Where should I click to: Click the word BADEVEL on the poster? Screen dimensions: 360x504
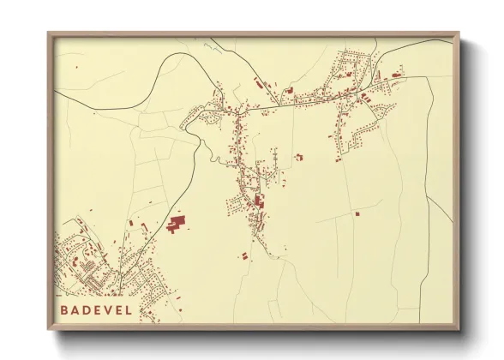coord(97,309)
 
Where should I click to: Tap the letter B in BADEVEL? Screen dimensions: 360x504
coord(64,309)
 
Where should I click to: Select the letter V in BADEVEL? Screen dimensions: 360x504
coord(108,309)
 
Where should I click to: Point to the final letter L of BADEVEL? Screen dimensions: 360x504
coord(129,309)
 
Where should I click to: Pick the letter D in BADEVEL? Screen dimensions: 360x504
coord(87,309)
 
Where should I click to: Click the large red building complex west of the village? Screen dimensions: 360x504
coord(177,225)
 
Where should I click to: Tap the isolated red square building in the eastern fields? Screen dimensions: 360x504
coord(357,213)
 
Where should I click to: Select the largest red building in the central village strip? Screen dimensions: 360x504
coord(259,202)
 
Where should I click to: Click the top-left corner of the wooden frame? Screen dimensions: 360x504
coord(49,34)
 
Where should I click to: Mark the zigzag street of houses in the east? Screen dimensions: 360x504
coord(356,137)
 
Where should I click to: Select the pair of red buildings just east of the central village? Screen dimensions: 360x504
coord(298,157)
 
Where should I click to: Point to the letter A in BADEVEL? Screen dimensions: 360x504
coord(75,309)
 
